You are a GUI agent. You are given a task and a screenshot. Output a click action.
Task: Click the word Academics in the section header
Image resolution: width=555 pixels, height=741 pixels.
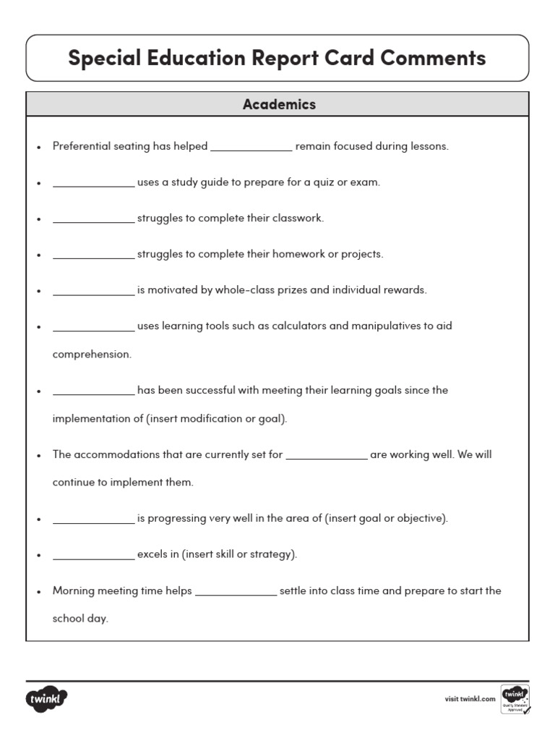[279, 104]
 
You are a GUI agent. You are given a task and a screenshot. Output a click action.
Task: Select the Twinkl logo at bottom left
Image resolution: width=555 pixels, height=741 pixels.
[47, 700]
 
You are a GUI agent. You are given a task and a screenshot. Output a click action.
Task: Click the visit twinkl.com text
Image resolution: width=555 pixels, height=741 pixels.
[470, 698]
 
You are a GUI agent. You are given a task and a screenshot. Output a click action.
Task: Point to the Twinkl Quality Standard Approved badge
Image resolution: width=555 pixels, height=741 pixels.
[515, 699]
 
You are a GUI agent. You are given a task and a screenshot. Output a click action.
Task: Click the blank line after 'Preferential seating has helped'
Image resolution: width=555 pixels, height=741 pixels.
[251, 148]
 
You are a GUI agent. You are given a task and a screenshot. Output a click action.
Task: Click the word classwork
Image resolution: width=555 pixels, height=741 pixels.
[297, 218]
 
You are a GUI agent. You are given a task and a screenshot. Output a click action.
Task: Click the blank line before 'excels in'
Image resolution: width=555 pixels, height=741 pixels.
[94, 557]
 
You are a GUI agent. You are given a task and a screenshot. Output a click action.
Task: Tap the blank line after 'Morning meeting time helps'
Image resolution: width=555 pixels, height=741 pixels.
[236, 593]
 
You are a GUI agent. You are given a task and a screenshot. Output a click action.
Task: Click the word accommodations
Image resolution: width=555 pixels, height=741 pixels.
[119, 454]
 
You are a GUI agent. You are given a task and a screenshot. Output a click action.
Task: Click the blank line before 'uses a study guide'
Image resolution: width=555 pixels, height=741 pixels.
[94, 185]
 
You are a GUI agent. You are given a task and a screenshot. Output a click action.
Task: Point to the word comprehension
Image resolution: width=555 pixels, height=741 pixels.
[92, 355]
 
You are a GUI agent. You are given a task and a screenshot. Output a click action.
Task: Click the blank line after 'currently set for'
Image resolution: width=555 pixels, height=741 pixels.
[327, 457]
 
